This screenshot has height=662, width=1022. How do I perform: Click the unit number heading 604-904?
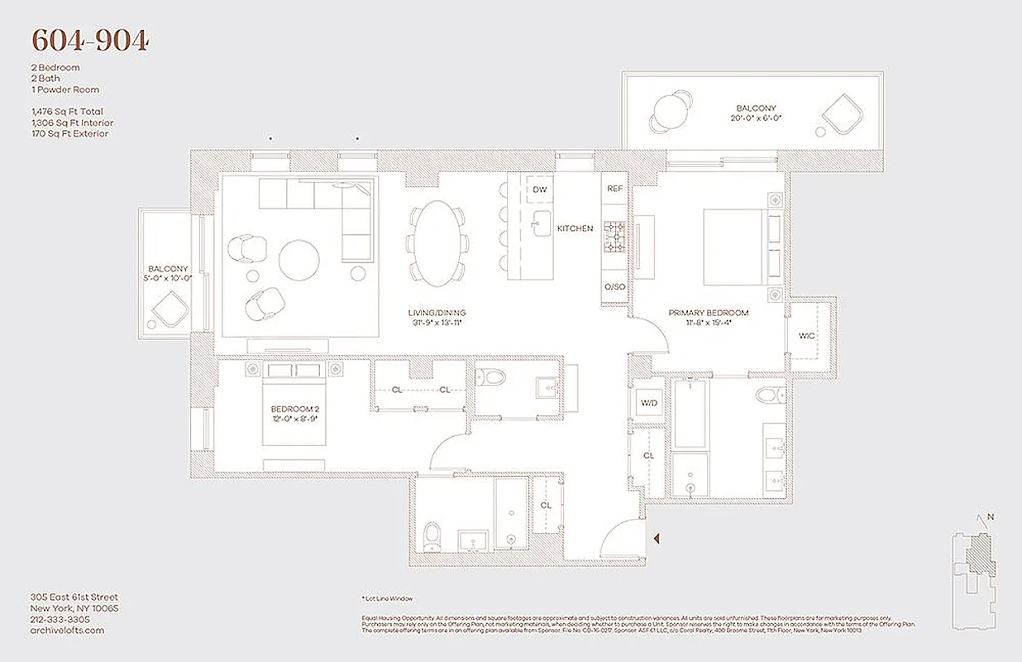point(90,40)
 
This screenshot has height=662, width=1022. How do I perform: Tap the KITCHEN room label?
point(575,228)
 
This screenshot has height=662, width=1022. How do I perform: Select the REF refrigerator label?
point(614,189)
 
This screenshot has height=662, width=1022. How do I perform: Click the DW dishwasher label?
point(540,189)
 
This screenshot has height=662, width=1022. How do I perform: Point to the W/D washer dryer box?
point(647,404)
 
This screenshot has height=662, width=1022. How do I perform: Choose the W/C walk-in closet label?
point(806,336)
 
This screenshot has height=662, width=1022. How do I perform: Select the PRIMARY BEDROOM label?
point(709,313)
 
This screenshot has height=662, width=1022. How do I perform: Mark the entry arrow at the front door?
point(657,540)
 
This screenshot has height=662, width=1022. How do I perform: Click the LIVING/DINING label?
point(437,313)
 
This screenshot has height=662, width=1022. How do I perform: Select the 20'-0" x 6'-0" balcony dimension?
point(756,118)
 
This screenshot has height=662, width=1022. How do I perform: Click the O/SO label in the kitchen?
point(614,286)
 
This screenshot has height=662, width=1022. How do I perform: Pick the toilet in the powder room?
point(494,380)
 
